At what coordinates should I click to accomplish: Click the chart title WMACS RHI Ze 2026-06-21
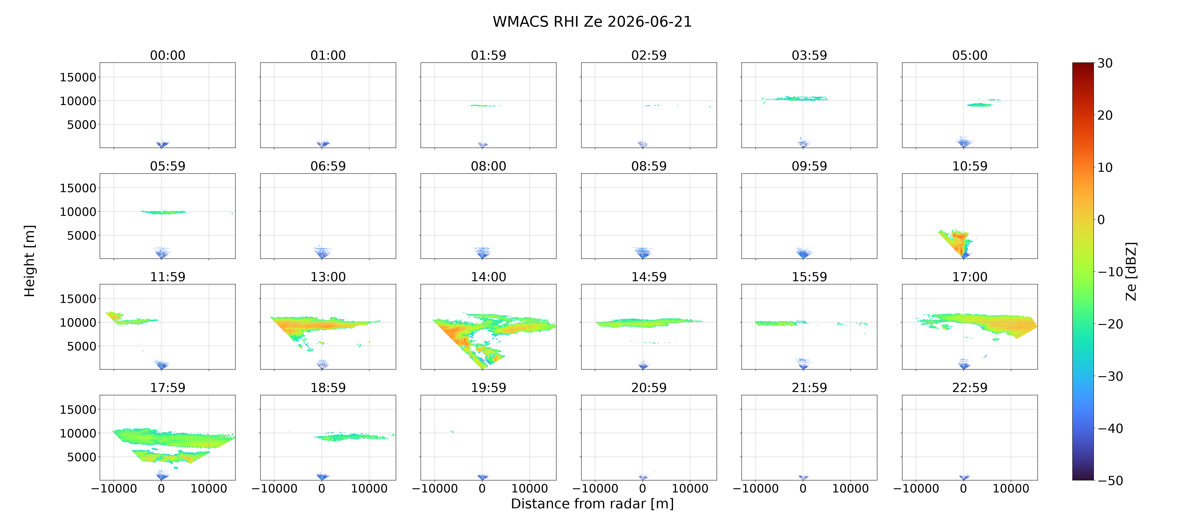592,22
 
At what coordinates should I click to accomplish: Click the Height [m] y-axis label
30,261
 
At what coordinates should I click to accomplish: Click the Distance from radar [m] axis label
592,504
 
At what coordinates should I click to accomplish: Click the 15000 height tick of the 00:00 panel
78,77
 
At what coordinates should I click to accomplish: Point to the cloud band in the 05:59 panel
164,212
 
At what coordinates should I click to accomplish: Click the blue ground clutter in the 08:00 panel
482,252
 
